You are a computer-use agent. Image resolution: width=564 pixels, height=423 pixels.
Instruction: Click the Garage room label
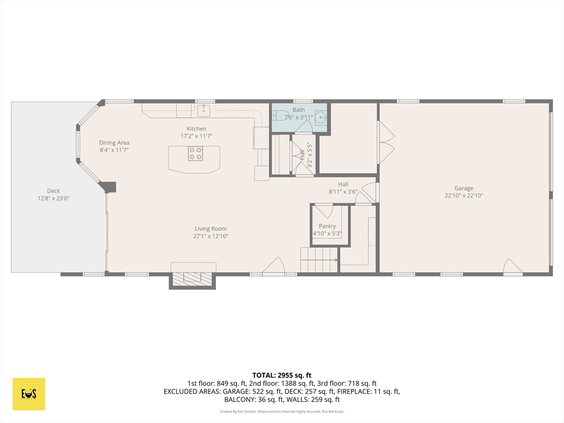pos(464,188)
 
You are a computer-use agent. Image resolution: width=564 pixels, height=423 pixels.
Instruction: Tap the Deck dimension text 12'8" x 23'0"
pos(53,198)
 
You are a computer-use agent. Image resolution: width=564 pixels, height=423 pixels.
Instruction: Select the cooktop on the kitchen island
pos(196,154)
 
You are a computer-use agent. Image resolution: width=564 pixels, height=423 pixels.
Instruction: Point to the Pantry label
pos(327,226)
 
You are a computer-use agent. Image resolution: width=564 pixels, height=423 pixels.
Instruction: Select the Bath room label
pos(299,110)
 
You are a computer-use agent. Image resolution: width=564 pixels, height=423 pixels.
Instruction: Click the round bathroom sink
pos(321,118)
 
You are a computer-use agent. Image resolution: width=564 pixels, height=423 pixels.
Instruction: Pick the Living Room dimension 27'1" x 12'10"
pos(211,236)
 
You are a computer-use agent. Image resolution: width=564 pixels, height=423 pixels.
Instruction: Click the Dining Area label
pos(114,143)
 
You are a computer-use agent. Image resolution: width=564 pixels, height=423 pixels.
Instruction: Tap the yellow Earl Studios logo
pos(29,394)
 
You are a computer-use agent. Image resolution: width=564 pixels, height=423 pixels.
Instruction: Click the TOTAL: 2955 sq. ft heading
pos(282,376)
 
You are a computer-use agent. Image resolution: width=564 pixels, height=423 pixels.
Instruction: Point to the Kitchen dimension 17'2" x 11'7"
pos(197,136)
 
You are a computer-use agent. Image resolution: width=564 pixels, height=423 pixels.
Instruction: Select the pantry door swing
pos(324,211)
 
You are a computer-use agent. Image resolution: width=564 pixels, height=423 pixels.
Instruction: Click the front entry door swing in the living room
pos(274,266)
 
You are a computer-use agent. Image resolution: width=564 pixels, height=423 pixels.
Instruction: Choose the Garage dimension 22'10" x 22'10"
pos(464,196)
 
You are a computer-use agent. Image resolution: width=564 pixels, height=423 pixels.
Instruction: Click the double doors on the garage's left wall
pos(386,142)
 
